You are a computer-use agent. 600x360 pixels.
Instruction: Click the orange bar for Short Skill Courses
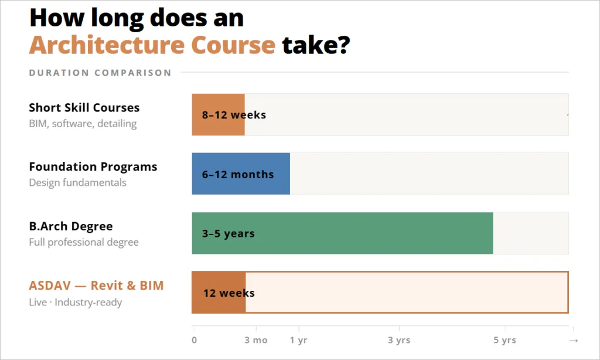[218, 115]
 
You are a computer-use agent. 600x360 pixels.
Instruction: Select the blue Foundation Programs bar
[241, 174]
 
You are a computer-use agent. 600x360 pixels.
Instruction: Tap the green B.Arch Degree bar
[342, 233]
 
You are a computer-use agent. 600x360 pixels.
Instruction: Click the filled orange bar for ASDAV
[219, 293]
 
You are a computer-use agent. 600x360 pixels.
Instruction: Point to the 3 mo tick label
[255, 340]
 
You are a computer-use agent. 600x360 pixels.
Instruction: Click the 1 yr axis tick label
[298, 340]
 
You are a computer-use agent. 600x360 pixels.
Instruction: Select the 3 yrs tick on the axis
[399, 340]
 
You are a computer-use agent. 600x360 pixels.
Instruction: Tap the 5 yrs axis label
[504, 340]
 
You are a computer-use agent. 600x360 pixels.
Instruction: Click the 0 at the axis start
[195, 340]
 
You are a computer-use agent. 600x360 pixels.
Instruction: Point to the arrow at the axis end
[574, 340]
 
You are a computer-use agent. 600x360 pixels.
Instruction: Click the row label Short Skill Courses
[84, 108]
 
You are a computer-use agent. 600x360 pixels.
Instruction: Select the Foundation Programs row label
[93, 167]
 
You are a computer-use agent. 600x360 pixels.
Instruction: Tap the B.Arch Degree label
[71, 226]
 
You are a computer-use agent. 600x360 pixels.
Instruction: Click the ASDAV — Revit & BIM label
[96, 286]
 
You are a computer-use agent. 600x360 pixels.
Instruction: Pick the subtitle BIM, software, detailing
[83, 124]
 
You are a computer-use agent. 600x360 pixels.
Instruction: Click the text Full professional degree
[84, 242]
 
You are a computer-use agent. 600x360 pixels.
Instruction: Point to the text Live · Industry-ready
[76, 303]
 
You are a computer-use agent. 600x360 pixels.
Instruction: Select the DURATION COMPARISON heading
[100, 73]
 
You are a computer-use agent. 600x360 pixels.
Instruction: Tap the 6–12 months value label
[238, 175]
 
